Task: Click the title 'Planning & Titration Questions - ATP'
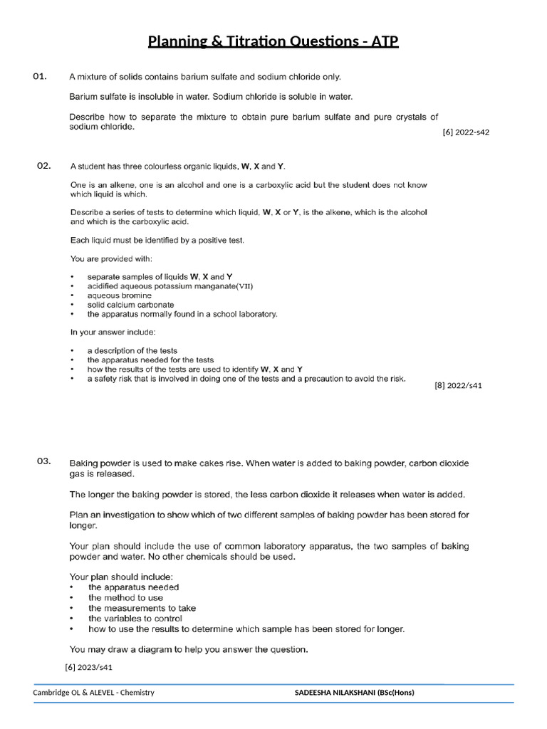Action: [273, 41]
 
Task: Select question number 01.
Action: [40, 76]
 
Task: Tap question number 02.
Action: [43, 166]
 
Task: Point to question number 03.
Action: [43, 461]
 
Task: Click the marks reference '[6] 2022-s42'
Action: [466, 132]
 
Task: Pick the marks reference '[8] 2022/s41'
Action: [458, 386]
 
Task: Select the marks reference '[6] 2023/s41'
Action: [89, 667]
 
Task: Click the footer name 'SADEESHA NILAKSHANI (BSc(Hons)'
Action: [354, 693]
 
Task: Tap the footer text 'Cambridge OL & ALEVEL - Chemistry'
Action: [93, 693]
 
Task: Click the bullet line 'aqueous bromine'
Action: [119, 295]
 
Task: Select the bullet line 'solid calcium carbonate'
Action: [130, 305]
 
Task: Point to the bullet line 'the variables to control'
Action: [135, 619]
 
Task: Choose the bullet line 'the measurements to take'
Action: [142, 608]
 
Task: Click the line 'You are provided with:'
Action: [110, 258]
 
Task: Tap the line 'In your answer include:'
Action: [113, 332]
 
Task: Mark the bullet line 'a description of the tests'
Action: [132, 350]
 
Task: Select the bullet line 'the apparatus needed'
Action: [133, 587]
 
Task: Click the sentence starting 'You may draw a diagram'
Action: [189, 649]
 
